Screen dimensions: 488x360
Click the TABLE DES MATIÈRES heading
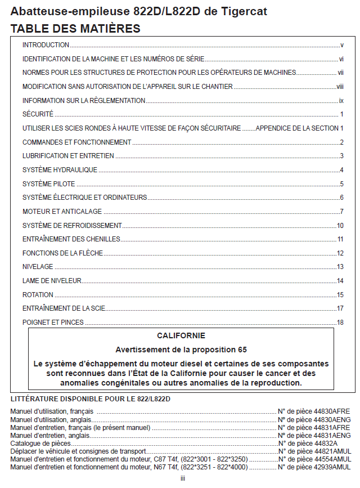point(75,28)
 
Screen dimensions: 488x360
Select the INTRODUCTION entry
point(46,45)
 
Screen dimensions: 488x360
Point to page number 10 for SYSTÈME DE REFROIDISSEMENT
point(340,226)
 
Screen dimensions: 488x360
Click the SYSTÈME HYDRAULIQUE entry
point(60,170)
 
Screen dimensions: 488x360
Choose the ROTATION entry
point(38,295)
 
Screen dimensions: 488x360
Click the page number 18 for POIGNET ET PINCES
point(340,323)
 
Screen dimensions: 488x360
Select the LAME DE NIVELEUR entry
point(52,281)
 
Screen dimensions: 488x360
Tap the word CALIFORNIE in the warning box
point(181,336)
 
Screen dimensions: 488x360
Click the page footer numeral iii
point(183,478)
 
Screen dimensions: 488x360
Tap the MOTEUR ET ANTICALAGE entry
point(62,212)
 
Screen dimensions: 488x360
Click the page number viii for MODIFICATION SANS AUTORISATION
point(340,87)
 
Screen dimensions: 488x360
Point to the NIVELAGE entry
point(38,267)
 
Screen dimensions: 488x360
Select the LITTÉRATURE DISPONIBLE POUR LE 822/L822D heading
point(90,399)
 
